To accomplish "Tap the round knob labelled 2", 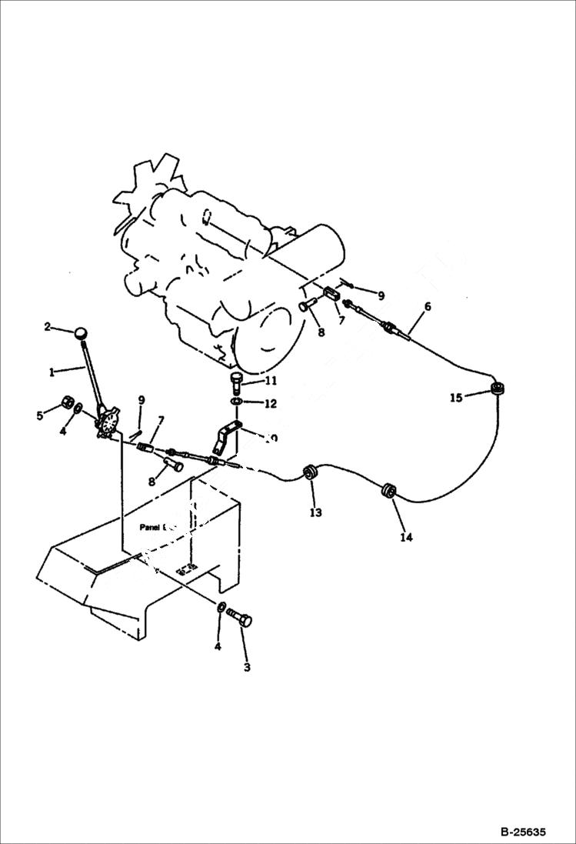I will pyautogui.click(x=81, y=332).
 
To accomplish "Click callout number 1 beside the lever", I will pyautogui.click(x=52, y=372).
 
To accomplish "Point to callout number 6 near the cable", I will pyautogui.click(x=428, y=307).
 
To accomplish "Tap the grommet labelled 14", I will pyautogui.click(x=388, y=490).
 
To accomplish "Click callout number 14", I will pyautogui.click(x=405, y=537).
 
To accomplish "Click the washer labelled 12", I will pyautogui.click(x=235, y=402).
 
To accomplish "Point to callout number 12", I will pyautogui.click(x=270, y=403).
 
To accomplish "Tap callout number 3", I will pyautogui.click(x=247, y=667).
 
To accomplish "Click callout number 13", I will pyautogui.click(x=316, y=512).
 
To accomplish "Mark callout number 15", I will pyautogui.click(x=457, y=398).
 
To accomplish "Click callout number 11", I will pyautogui.click(x=270, y=381).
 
